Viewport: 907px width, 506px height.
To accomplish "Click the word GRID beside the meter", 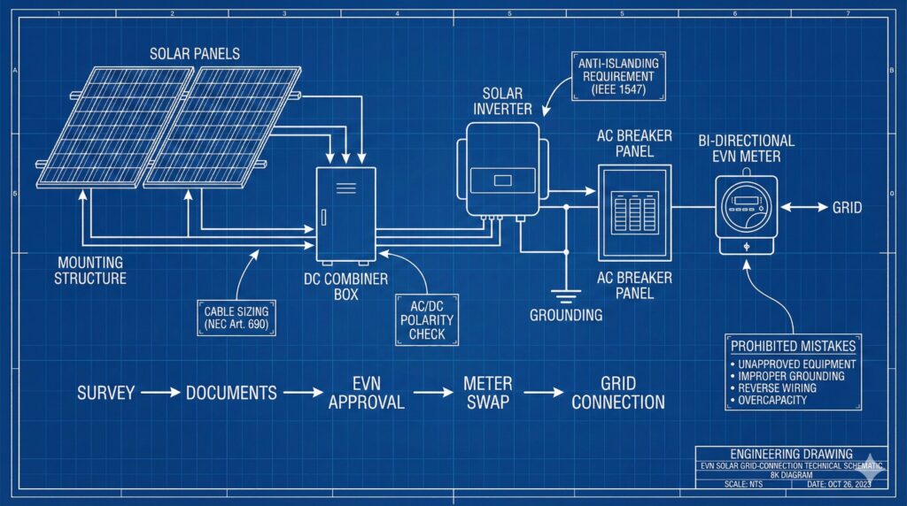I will tap(846, 209).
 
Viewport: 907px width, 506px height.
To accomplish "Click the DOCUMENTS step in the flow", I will tap(231, 392).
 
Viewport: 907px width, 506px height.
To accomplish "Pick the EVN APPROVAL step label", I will tap(367, 393).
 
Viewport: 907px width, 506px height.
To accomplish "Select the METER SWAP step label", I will tap(488, 393).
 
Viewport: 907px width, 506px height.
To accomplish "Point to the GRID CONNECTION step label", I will tap(617, 393).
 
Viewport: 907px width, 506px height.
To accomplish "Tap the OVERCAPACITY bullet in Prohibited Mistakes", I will tap(772, 401).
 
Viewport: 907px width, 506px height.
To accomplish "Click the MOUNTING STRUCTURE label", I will tap(91, 271).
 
